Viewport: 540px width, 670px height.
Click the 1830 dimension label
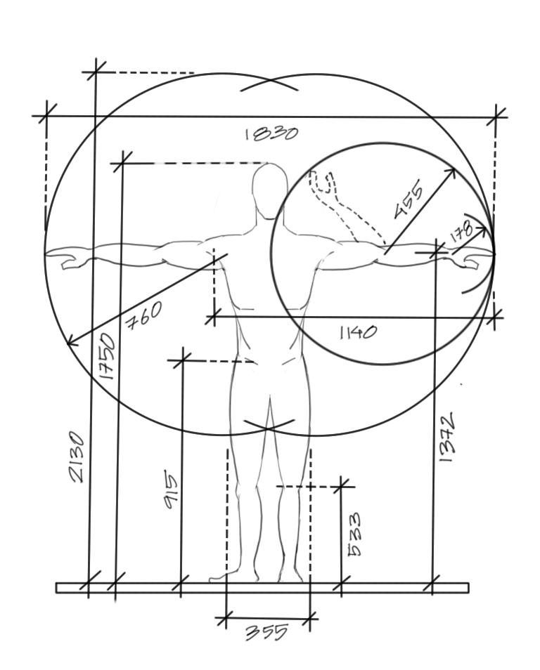pos(271,133)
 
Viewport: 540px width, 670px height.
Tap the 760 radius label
pos(143,315)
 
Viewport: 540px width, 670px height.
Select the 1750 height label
pos(107,356)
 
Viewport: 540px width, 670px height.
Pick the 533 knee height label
pos(355,533)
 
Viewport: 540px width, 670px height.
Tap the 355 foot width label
pos(266,632)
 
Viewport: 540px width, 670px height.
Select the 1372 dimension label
pos(449,437)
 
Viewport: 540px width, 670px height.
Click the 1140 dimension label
pos(358,332)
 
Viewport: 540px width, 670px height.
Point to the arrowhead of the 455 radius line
pos(453,171)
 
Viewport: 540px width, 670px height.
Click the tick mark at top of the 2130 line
pos(94,71)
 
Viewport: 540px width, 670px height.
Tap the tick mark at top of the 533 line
pos(341,485)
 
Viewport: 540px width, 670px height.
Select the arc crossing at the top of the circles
pos(270,83)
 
